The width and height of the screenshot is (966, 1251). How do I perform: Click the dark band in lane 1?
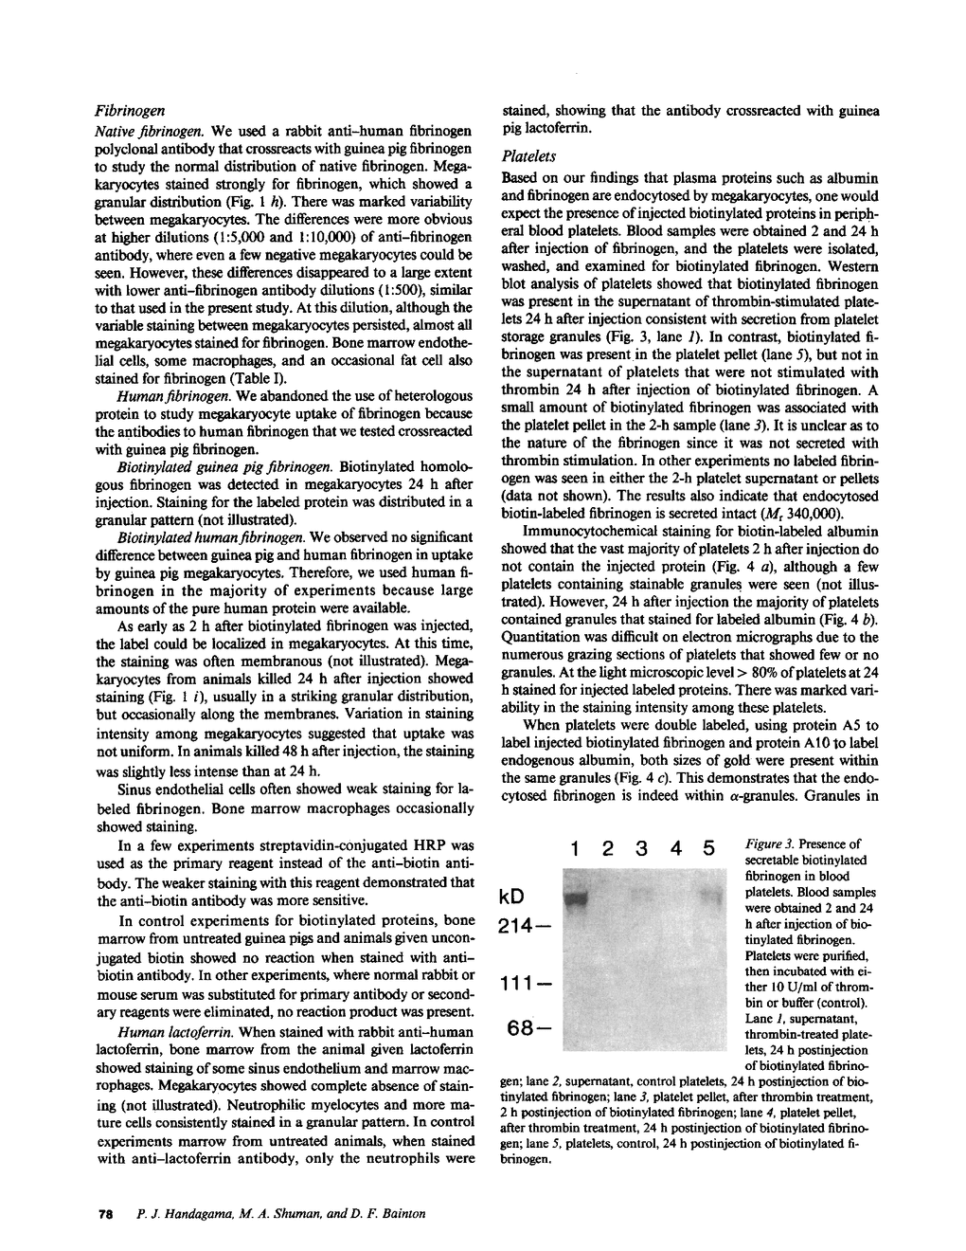[x=576, y=895]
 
